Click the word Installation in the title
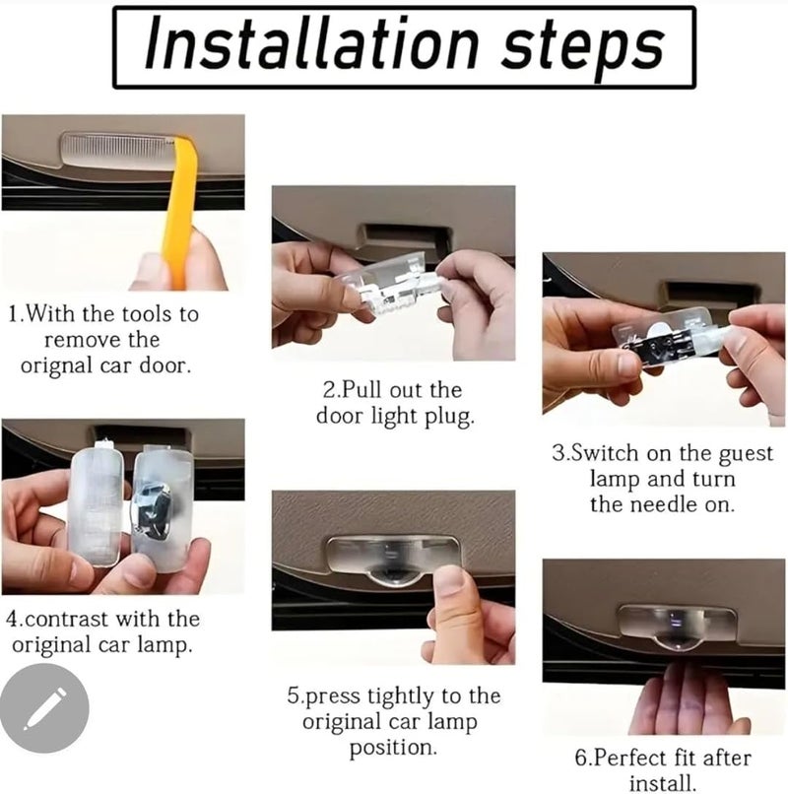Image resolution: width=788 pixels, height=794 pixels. point(312,44)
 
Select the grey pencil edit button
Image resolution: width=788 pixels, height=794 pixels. point(44,708)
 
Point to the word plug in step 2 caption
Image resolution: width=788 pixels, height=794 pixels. point(449,418)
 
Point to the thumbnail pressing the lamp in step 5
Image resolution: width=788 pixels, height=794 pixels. point(450,582)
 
